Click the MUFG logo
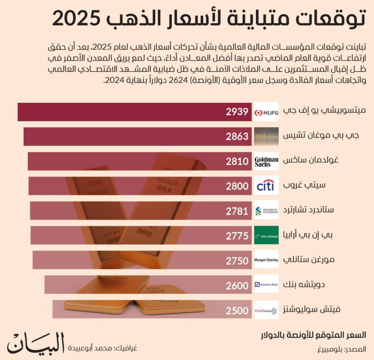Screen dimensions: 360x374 [266, 112]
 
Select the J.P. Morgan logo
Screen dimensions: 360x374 [266, 137]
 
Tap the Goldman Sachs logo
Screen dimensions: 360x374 [266, 161]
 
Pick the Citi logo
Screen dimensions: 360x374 [266, 186]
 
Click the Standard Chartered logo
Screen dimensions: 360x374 [266, 211]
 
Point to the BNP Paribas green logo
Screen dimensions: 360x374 [266, 236]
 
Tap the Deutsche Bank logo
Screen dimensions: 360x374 [266, 284]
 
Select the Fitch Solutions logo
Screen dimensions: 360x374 [266, 310]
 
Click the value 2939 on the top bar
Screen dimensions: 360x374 [237, 112]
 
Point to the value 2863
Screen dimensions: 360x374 [237, 137]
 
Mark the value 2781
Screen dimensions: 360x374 [237, 211]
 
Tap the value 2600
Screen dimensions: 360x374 [237, 286]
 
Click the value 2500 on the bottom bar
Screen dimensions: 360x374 [237, 311]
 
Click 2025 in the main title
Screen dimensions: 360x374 [77, 19]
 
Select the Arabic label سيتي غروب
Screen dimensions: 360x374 [304, 185]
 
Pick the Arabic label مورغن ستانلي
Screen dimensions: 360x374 [309, 260]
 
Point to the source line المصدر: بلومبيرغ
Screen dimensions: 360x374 [342, 349]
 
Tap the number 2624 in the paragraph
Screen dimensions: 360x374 [178, 80]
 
